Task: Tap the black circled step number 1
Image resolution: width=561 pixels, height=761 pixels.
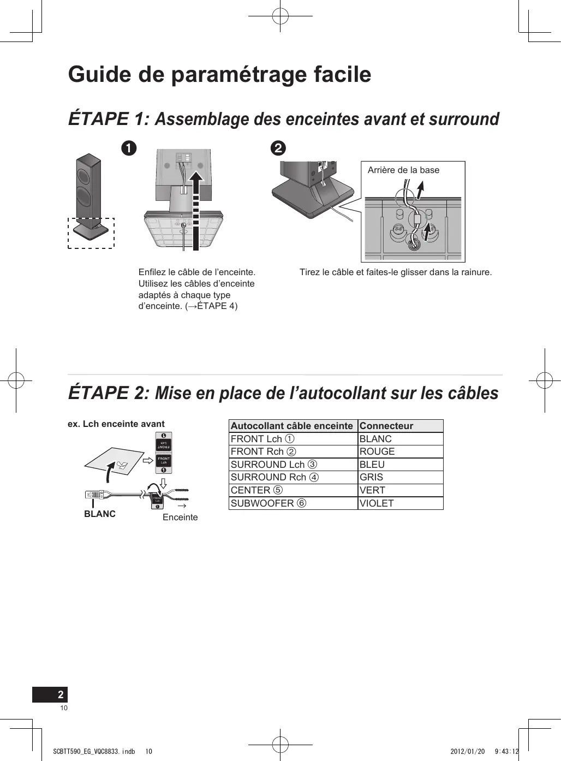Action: pyautogui.click(x=129, y=148)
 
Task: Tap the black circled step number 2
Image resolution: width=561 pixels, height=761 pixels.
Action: pyautogui.click(x=278, y=148)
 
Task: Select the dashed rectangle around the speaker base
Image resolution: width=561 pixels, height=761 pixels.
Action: pyautogui.click(x=91, y=233)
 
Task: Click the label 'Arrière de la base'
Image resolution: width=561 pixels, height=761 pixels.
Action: pyautogui.click(x=403, y=170)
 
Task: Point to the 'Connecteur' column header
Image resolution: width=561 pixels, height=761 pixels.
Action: pyautogui.click(x=386, y=426)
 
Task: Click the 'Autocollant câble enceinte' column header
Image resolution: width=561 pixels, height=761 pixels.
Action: pyautogui.click(x=292, y=426)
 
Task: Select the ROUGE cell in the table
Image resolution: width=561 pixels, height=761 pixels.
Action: pyautogui.click(x=377, y=451)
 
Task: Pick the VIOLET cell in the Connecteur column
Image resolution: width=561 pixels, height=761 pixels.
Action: pyautogui.click(x=377, y=503)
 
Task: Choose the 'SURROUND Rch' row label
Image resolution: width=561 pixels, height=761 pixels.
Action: pyautogui.click(x=268, y=477)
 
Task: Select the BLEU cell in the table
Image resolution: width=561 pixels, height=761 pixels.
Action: pyautogui.click(x=372, y=465)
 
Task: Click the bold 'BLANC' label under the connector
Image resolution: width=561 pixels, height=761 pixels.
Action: pyautogui.click(x=100, y=514)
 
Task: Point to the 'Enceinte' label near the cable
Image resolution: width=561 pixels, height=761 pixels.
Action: pyautogui.click(x=180, y=518)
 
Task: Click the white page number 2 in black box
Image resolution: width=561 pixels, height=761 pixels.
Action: pyautogui.click(x=61, y=694)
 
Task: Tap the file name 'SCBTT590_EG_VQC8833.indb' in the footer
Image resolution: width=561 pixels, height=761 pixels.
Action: pyautogui.click(x=94, y=752)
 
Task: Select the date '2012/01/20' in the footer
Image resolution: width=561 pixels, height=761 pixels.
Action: pyautogui.click(x=468, y=752)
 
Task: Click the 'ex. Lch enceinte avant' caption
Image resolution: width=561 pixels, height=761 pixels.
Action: pyautogui.click(x=116, y=424)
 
